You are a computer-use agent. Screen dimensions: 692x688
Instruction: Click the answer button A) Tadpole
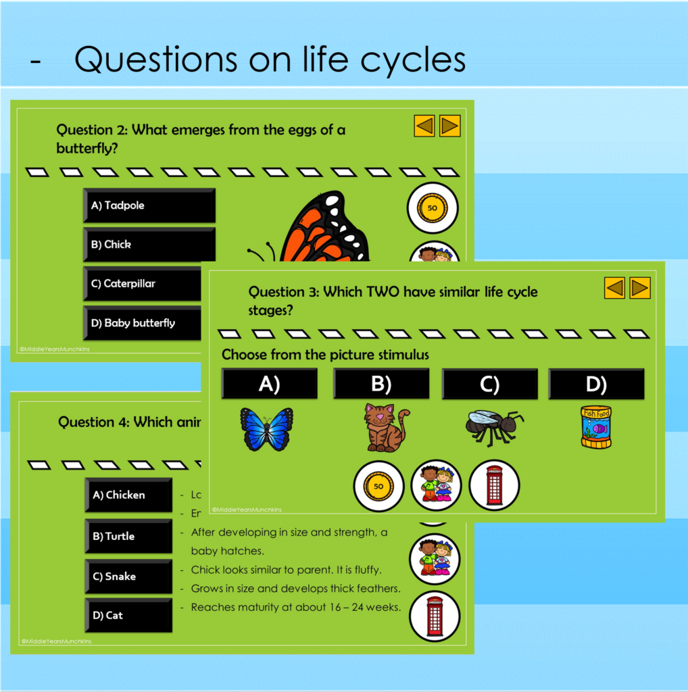coord(149,205)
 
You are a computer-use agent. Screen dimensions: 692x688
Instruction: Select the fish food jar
coord(595,427)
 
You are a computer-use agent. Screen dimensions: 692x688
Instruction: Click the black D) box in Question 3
coord(595,385)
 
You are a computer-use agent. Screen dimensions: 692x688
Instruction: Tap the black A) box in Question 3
coord(269,385)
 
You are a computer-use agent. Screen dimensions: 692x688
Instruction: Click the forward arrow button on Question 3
coord(639,288)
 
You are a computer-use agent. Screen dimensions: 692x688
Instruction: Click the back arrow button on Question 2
coord(424,126)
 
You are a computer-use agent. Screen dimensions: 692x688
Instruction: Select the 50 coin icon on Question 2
coord(433,208)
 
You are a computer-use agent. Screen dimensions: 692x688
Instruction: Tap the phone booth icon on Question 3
coord(494,485)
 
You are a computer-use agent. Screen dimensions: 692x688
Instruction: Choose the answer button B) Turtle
coord(128,537)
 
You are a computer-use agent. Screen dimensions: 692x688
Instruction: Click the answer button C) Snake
coord(128,576)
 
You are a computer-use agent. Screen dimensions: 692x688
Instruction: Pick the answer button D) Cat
coord(128,616)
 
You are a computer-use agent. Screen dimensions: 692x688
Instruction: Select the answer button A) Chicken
coord(128,495)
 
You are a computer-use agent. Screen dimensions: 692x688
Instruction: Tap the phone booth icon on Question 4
coord(435,616)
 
